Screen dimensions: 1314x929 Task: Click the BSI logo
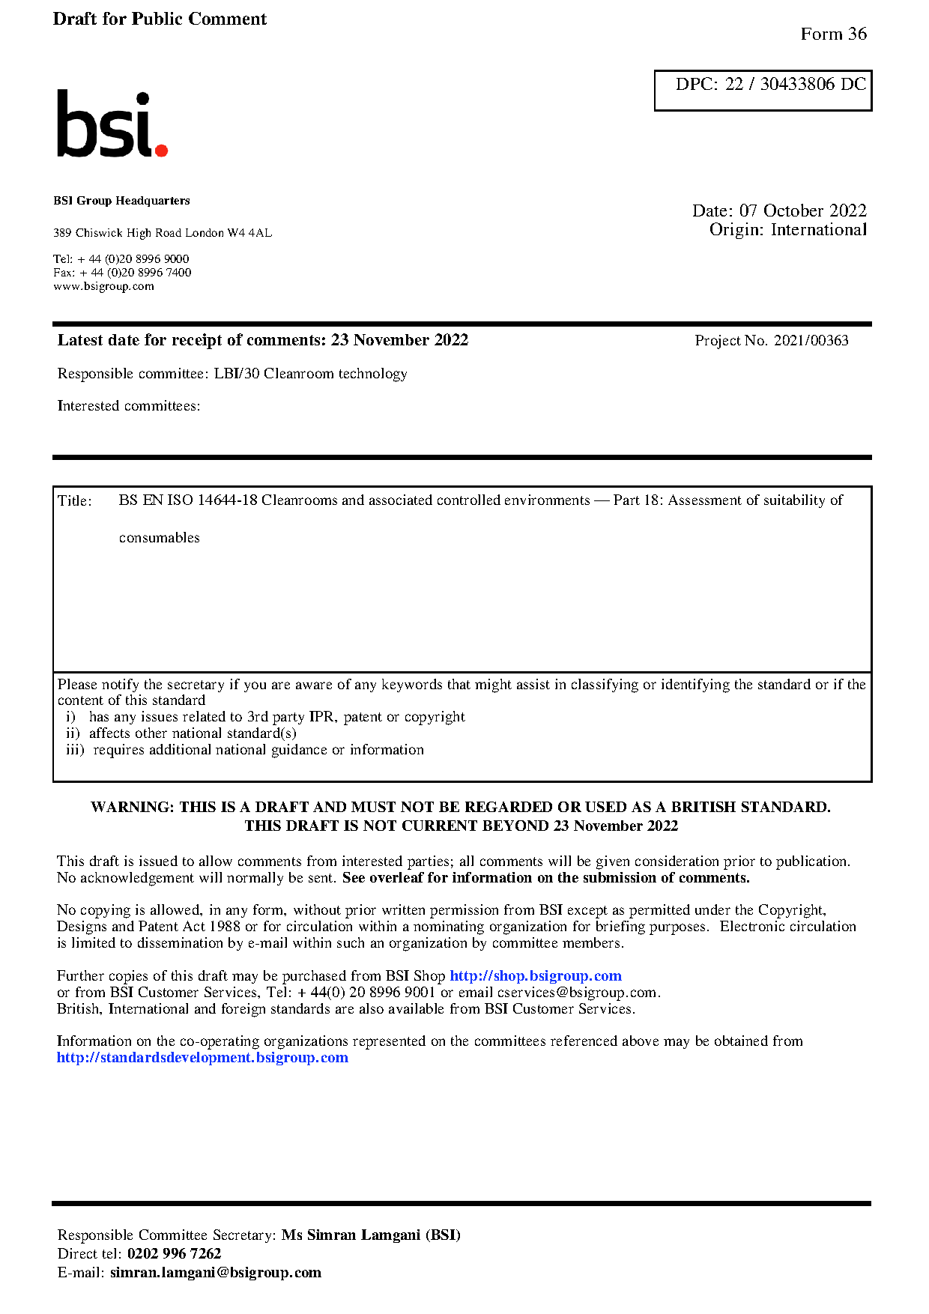[x=112, y=124]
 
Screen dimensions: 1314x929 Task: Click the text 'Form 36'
[x=833, y=34]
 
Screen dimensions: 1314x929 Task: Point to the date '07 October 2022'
[x=802, y=211]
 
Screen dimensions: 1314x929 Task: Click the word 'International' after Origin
[x=818, y=230]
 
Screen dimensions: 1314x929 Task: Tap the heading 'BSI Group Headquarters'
[x=121, y=201]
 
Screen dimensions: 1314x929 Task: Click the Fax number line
[x=122, y=273]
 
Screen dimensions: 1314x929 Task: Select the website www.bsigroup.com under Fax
[x=103, y=286]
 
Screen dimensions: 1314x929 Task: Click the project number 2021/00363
[x=811, y=341]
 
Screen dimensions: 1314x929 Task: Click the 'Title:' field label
[x=75, y=501]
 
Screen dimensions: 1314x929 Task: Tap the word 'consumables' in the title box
[x=159, y=538]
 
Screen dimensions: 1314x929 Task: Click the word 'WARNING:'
[x=133, y=808]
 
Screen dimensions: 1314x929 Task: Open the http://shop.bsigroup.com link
[x=535, y=976]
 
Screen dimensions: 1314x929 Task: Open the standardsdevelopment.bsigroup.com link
[x=202, y=1058]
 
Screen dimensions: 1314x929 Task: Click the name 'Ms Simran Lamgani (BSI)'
[x=371, y=1235]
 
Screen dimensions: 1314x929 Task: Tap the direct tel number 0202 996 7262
[x=174, y=1254]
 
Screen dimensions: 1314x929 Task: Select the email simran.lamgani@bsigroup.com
[x=215, y=1273]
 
